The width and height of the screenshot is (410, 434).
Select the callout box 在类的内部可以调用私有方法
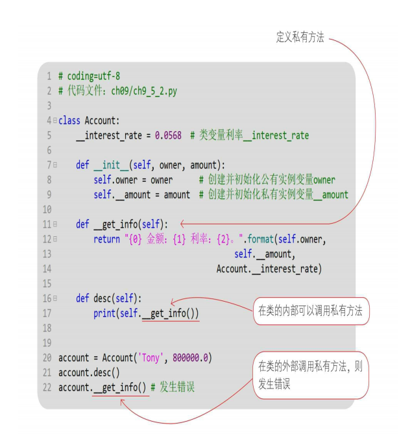tap(311, 311)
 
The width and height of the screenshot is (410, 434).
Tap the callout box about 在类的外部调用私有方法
tap(310, 374)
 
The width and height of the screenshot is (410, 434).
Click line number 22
tap(47, 387)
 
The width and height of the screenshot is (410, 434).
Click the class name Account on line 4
tap(101, 120)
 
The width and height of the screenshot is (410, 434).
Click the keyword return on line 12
tap(106, 239)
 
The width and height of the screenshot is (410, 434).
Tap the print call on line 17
tap(106, 313)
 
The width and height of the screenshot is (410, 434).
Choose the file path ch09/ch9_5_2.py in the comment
tap(143, 91)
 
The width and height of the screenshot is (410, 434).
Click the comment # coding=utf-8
tap(89, 76)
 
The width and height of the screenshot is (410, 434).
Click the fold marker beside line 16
tap(55, 298)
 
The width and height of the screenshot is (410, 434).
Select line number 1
tap(49, 76)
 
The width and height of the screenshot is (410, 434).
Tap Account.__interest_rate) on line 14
tap(269, 269)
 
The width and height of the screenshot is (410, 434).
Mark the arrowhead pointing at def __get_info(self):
tap(182, 224)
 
